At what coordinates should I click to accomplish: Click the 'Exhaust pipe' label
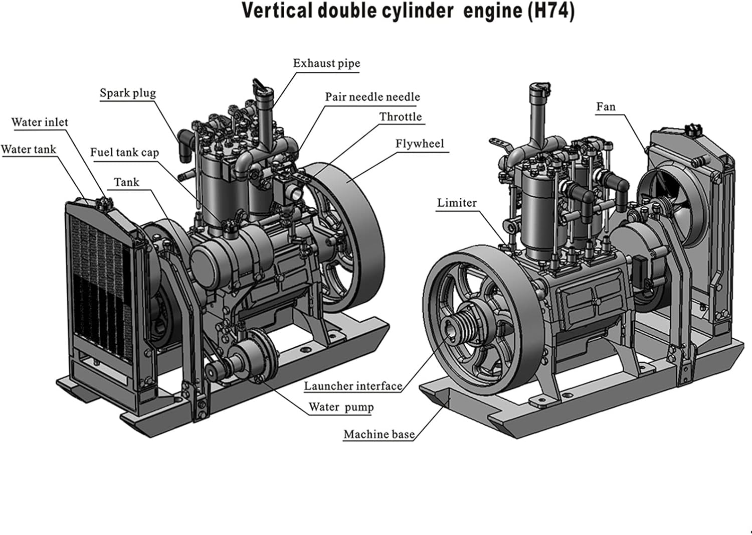(x=326, y=64)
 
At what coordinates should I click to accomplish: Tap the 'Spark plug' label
(x=128, y=93)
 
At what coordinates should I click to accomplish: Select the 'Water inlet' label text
(x=40, y=122)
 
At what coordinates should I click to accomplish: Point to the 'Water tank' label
(x=29, y=150)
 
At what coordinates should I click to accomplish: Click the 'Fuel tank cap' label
(x=124, y=153)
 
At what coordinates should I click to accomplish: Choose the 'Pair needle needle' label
(x=372, y=97)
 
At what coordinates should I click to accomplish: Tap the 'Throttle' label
(x=401, y=117)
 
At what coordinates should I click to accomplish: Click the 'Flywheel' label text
(x=420, y=144)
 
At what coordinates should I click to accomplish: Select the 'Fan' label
(x=606, y=107)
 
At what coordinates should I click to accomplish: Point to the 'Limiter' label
(x=457, y=203)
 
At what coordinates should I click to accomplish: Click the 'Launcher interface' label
(x=353, y=386)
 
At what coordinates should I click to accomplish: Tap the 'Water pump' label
(x=341, y=407)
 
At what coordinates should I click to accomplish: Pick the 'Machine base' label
(x=379, y=435)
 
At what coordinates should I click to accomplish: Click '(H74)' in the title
(x=550, y=11)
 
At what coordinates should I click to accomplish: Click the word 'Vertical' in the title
(x=277, y=11)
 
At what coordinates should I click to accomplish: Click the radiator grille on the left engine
(x=98, y=286)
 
